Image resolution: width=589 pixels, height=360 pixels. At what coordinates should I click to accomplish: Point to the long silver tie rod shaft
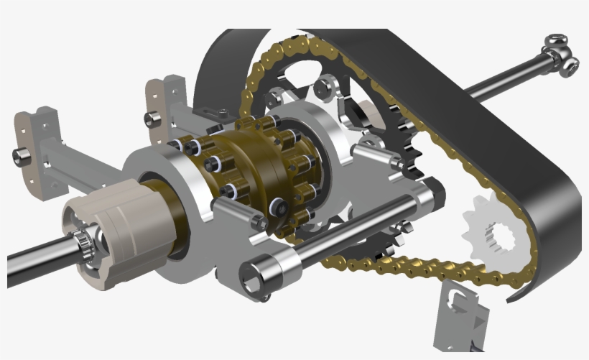(359, 230)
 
